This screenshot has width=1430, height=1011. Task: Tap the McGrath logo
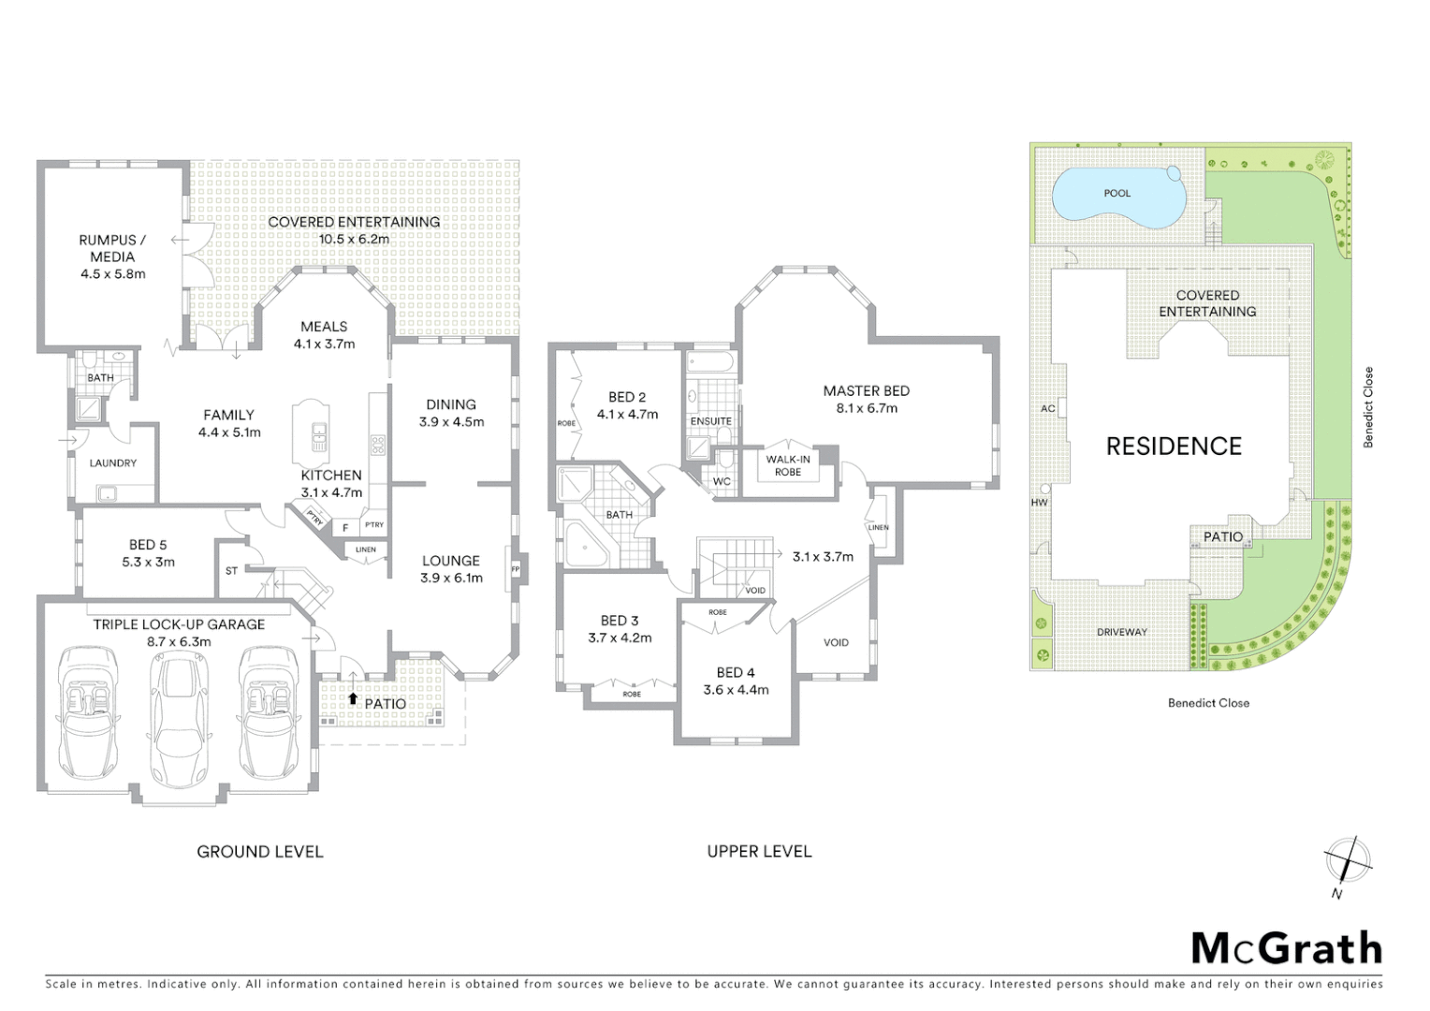(1286, 948)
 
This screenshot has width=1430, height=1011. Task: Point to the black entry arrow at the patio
(353, 697)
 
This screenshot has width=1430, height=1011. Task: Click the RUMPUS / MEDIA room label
(112, 248)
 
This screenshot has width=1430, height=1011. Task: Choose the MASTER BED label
(866, 391)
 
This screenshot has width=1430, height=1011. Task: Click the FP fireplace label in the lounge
(515, 569)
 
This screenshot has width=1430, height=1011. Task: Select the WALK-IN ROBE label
(788, 465)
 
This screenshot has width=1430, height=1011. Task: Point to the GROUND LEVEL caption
(259, 852)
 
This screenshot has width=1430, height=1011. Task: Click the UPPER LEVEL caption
(759, 852)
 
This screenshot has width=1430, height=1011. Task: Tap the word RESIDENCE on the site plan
(1174, 447)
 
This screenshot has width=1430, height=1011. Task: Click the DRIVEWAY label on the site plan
(1122, 632)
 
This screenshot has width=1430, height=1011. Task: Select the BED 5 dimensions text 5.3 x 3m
(148, 562)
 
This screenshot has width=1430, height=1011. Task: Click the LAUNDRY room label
(112, 463)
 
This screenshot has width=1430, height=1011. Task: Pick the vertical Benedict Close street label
(1368, 407)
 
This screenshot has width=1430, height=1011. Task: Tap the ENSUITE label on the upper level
(710, 421)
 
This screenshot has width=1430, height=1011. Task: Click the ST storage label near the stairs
(231, 570)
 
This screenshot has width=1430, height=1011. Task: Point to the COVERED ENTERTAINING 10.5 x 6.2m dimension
(354, 239)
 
